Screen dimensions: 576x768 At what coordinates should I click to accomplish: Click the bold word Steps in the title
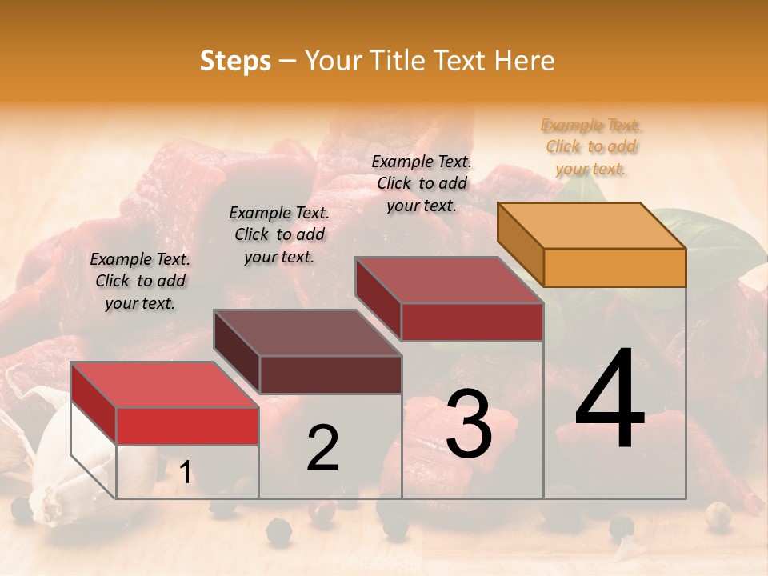point(235,61)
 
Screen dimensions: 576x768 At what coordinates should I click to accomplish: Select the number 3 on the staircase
point(468,424)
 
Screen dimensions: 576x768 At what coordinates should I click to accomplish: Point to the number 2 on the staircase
point(322,449)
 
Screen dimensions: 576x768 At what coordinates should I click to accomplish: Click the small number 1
point(186,473)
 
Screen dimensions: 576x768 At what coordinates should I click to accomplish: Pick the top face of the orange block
point(590,226)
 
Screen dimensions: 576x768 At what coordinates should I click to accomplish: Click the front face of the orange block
point(614,267)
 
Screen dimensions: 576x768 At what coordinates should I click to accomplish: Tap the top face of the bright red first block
point(164,385)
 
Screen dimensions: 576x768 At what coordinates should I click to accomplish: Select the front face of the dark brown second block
point(330,374)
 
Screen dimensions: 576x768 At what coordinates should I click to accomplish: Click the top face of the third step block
point(450,281)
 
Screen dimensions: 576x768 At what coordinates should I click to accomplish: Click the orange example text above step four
point(591,146)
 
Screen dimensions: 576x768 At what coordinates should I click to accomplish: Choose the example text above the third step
point(422,183)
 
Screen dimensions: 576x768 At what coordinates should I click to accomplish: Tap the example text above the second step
point(279,234)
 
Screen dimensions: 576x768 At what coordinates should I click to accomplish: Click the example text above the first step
point(140,281)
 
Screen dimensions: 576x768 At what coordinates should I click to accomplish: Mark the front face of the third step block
point(472,322)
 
